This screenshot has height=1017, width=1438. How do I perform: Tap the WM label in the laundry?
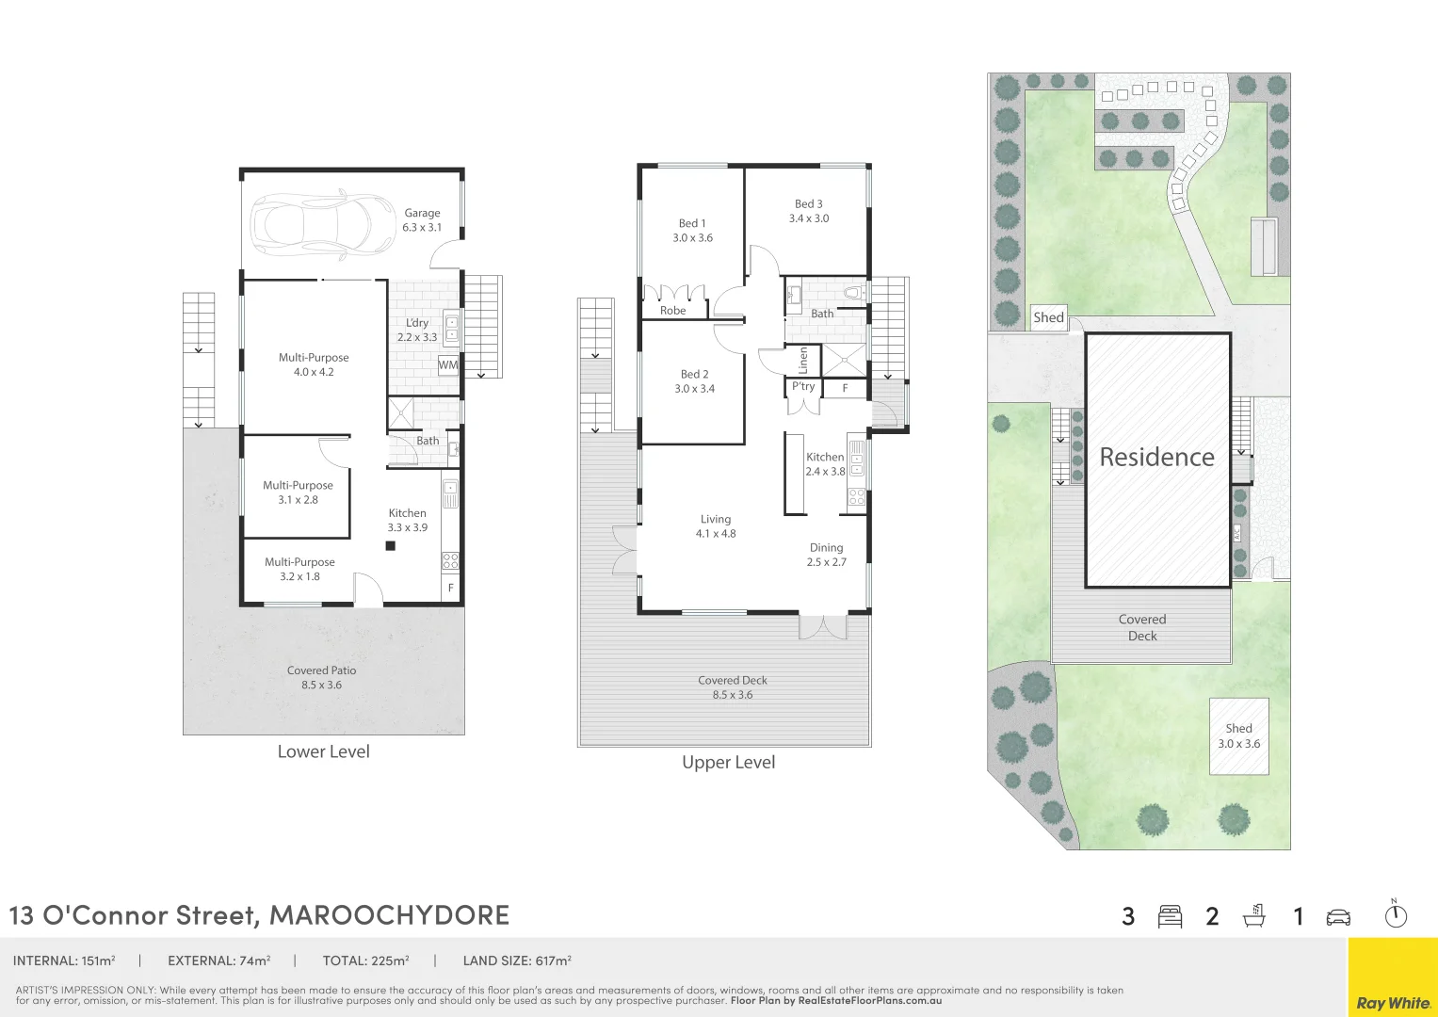448,365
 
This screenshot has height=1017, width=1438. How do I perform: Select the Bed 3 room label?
808,211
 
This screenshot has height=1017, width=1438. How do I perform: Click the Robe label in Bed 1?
672,311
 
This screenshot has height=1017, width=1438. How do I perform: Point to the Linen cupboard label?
803,359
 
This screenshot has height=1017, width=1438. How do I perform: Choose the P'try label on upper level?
803,387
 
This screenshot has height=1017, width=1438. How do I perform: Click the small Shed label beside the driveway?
1048,317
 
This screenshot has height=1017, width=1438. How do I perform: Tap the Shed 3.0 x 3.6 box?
1238,736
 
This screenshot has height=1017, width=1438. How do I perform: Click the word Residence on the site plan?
1156,458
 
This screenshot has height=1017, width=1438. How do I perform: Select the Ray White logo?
1393,1003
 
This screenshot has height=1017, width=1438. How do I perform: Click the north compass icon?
1396,914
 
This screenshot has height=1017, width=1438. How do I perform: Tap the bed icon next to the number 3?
1170,916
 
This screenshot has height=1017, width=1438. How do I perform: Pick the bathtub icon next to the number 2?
1254,915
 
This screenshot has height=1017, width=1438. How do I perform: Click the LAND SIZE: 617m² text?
517,961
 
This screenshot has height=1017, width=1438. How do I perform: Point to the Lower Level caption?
323,751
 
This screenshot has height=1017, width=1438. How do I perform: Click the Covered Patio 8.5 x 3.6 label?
321,678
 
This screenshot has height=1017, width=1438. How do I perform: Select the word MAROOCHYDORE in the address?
389,914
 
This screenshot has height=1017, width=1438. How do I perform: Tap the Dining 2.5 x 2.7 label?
826,555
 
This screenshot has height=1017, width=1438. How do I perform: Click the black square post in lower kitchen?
390,545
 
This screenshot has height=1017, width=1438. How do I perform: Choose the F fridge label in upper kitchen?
845,388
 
